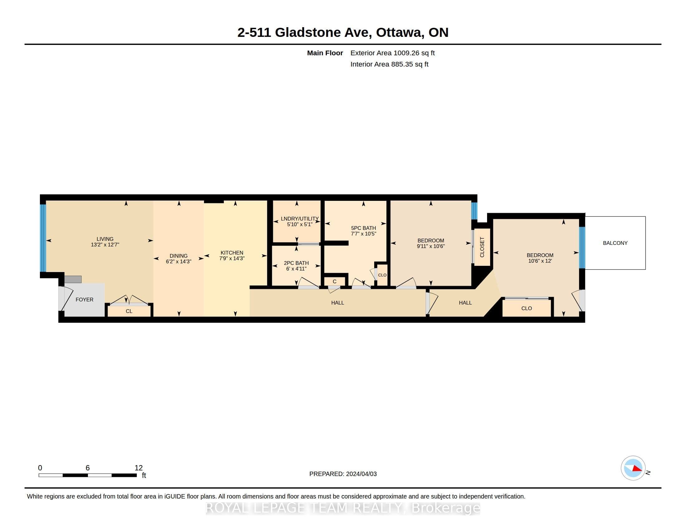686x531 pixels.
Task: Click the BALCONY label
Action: (615, 243)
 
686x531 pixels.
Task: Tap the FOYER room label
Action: (85, 300)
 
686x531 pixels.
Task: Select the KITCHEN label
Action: (232, 253)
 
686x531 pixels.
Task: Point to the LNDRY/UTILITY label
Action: (300, 219)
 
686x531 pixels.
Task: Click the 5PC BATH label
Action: (363, 228)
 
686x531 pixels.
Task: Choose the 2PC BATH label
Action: (296, 263)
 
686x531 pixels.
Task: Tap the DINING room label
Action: (178, 256)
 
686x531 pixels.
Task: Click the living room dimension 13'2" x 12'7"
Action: (105, 245)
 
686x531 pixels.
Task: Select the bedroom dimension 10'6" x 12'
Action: (540, 261)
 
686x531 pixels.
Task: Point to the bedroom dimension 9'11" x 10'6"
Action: (431, 246)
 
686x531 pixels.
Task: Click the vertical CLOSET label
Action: (482, 247)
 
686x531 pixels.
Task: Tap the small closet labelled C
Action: (335, 281)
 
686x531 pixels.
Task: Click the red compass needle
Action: (637, 469)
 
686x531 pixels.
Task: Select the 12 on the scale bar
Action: (138, 468)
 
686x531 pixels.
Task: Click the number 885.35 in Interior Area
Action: (402, 64)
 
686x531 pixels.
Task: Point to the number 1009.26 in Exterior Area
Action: (406, 53)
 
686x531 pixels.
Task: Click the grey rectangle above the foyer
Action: (73, 279)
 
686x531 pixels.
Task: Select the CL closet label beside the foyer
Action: (129, 311)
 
